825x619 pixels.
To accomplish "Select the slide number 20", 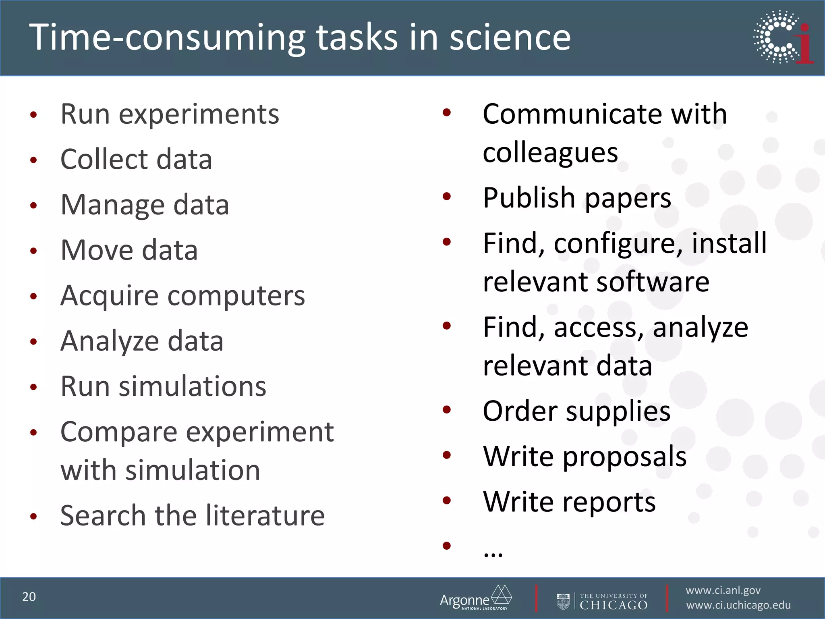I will [x=29, y=597].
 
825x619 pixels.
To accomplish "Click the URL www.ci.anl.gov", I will [x=723, y=590].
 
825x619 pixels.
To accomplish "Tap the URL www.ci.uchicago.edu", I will [x=738, y=605].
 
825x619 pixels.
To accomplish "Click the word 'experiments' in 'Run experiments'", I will [x=199, y=115].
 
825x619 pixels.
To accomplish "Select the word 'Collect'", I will [x=104, y=159].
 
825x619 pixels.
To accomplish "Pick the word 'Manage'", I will [x=112, y=206].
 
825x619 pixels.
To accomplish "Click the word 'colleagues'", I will [x=550, y=154].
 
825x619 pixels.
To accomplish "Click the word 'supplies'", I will [x=618, y=412].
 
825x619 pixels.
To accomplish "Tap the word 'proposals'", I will [x=624, y=457].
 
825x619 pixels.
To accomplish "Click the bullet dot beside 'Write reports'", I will [x=446, y=501].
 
